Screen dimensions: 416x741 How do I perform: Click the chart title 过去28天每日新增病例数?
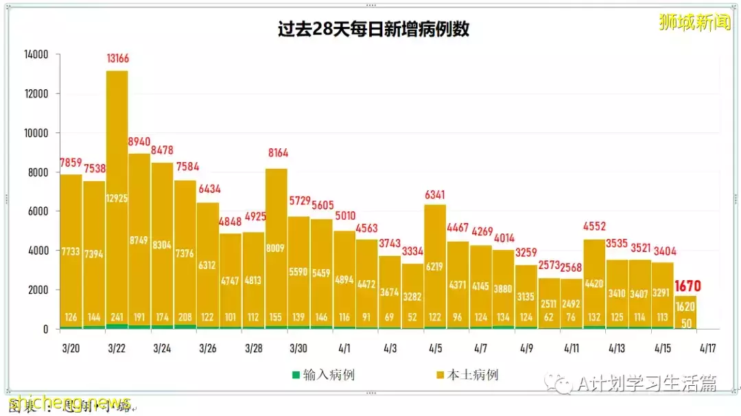coord(373,30)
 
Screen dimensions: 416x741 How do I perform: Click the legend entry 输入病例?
coord(323,375)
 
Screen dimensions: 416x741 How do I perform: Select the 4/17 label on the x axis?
coord(709,348)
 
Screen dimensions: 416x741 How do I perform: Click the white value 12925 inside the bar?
coord(117,198)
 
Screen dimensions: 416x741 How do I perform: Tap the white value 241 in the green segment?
coord(117,318)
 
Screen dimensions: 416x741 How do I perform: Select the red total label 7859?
coord(71,163)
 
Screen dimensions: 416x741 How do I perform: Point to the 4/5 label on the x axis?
coord(435,348)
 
